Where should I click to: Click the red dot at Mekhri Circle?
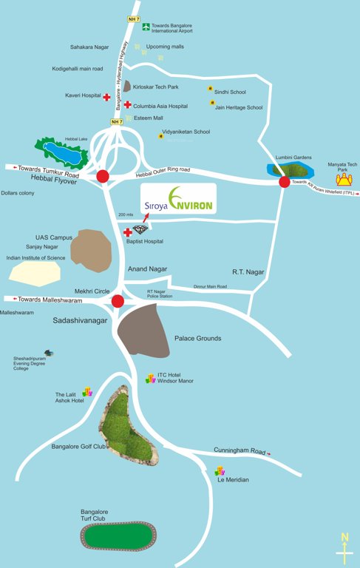click(x=118, y=300)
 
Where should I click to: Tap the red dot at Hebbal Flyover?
click(x=103, y=176)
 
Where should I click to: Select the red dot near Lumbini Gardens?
click(x=284, y=181)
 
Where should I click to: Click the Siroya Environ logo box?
click(x=179, y=199)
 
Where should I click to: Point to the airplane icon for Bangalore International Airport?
click(x=146, y=27)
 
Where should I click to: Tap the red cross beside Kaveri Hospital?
click(x=106, y=97)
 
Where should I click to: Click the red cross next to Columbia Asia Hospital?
click(x=127, y=106)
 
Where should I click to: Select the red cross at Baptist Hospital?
click(x=127, y=232)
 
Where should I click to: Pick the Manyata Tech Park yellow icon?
click(x=343, y=180)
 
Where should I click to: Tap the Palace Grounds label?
click(x=197, y=339)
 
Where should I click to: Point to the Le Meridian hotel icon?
click(x=220, y=470)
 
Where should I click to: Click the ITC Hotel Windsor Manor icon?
click(x=151, y=377)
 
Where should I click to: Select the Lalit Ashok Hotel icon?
click(x=86, y=391)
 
